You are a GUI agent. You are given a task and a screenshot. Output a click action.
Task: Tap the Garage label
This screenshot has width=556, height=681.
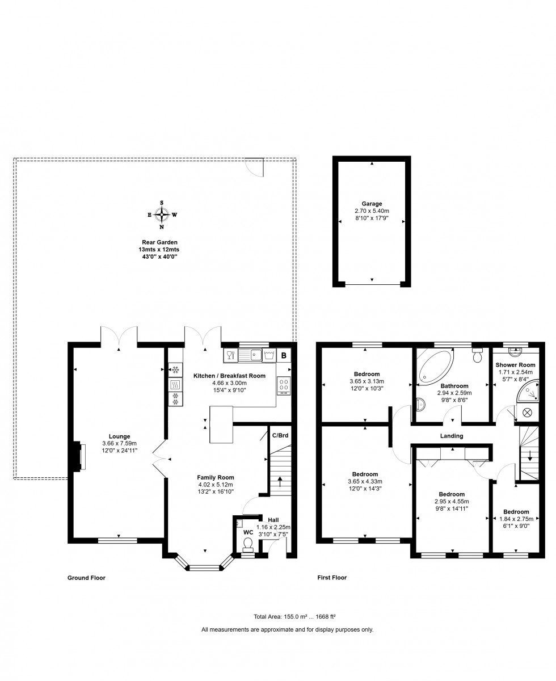tap(372, 204)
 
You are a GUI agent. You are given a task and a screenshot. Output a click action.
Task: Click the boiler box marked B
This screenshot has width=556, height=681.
tap(284, 356)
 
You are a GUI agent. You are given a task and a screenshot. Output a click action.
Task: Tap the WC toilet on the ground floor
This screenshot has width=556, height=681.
tap(247, 544)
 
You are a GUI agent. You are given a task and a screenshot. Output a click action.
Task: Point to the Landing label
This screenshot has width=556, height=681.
tap(452, 436)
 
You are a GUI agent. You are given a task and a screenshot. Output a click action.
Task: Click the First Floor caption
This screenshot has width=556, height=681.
tap(332, 578)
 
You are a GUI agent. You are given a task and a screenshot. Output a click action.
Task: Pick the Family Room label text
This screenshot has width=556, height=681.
tap(215, 477)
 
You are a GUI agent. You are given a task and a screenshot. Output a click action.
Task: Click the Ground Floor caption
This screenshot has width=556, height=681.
tap(86, 578)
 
